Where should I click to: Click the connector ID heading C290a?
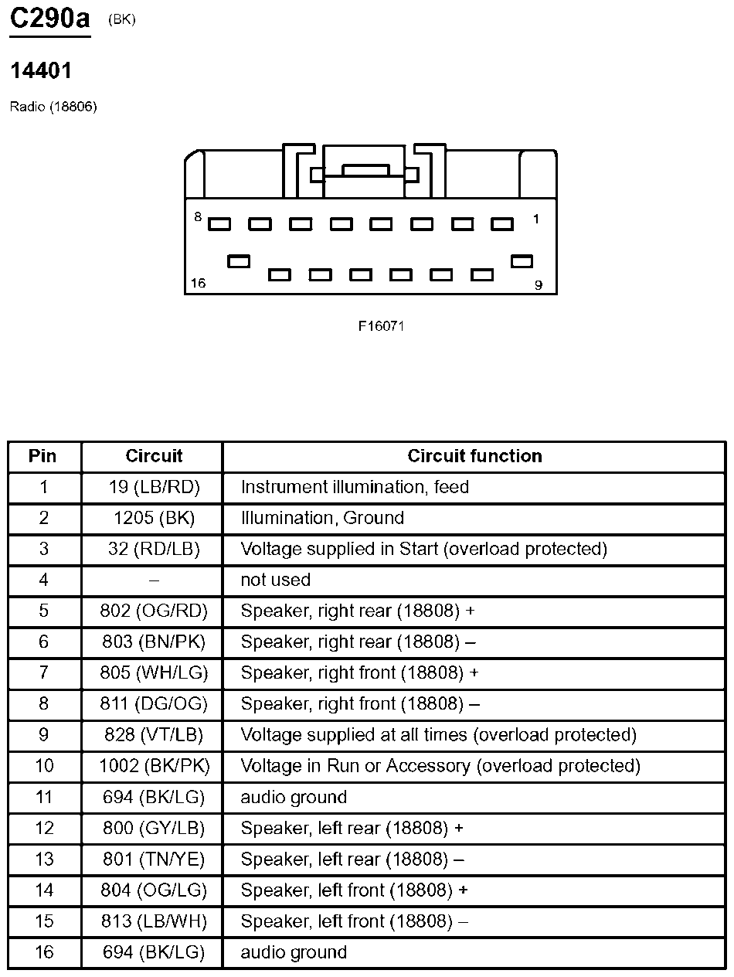coord(49,19)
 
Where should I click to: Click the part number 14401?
coord(41,71)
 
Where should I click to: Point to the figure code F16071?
coord(381,326)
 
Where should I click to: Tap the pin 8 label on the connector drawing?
coord(198,218)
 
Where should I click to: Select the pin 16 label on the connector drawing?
coord(199,284)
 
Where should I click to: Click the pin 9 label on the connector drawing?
coord(538,285)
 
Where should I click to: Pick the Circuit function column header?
coord(474,456)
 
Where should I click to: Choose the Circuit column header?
coord(154,456)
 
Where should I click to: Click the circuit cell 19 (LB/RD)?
coord(154,487)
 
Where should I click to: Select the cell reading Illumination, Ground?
coord(322,518)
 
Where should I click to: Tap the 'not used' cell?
coord(276,580)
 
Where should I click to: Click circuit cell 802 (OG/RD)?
coord(154,611)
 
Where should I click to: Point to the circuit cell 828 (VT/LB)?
coord(154,735)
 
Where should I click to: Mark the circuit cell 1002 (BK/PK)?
coord(154,766)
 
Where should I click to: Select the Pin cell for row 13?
coord(44,859)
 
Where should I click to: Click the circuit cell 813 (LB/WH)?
coord(154,921)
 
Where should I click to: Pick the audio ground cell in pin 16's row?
coord(294,952)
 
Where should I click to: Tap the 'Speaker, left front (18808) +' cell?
coord(355,890)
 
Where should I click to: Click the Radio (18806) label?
coord(53,107)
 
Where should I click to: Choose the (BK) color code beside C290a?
coord(122,20)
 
